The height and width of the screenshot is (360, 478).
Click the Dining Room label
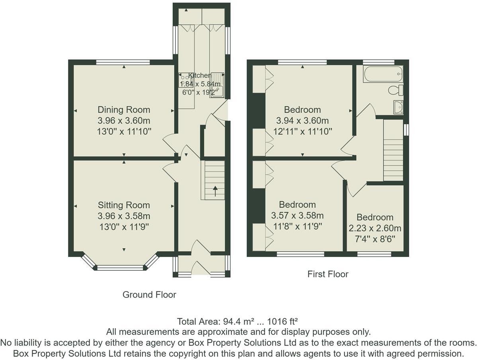(124, 110)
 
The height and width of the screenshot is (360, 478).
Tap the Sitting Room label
(124, 205)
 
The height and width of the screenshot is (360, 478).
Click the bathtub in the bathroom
(383, 74)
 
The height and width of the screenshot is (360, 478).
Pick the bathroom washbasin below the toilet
(398, 107)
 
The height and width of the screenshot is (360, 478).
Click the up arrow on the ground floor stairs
(215, 191)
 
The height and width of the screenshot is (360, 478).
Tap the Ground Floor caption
(149, 295)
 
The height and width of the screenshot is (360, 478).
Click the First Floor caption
(328, 274)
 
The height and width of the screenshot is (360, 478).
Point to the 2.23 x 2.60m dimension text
(375, 229)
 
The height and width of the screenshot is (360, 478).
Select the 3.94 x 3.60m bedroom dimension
(302, 121)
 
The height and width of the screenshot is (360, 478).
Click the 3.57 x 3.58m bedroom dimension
(297, 216)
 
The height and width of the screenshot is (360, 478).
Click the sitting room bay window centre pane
(120, 268)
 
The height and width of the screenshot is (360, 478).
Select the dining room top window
(123, 62)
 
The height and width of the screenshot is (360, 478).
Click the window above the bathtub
(378, 62)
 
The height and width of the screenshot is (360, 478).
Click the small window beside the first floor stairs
(406, 130)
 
